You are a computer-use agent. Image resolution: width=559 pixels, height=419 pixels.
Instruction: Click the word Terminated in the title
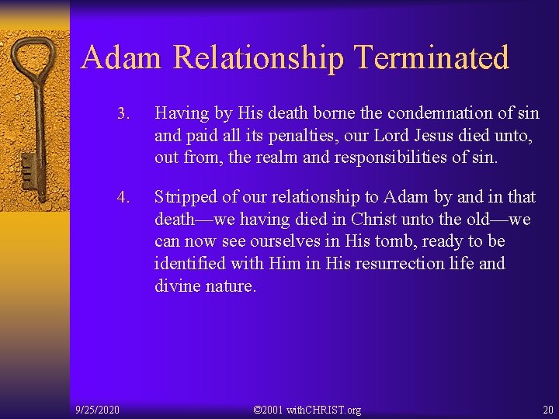pyautogui.click(x=431, y=58)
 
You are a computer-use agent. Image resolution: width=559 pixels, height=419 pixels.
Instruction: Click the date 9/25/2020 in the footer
pyautogui.click(x=97, y=409)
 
